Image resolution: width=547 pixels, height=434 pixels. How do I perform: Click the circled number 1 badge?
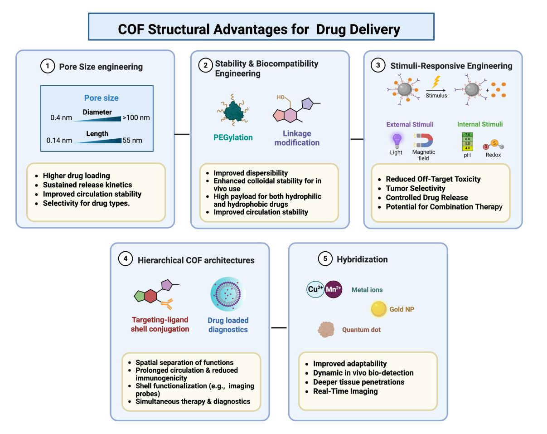[47, 67]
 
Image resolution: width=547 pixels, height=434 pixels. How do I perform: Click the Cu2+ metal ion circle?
[315, 289]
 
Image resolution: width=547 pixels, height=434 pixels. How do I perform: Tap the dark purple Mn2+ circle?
[334, 289]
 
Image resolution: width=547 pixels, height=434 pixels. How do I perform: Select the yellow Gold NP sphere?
[379, 309]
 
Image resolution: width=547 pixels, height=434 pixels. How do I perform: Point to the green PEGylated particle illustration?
[234, 111]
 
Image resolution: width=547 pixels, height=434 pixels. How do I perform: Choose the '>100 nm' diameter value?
[136, 118]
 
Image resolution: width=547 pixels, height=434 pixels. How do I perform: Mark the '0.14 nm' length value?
[59, 140]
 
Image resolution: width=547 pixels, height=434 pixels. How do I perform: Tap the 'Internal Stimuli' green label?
[479, 124]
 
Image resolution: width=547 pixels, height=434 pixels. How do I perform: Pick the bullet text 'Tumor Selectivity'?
[416, 188]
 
